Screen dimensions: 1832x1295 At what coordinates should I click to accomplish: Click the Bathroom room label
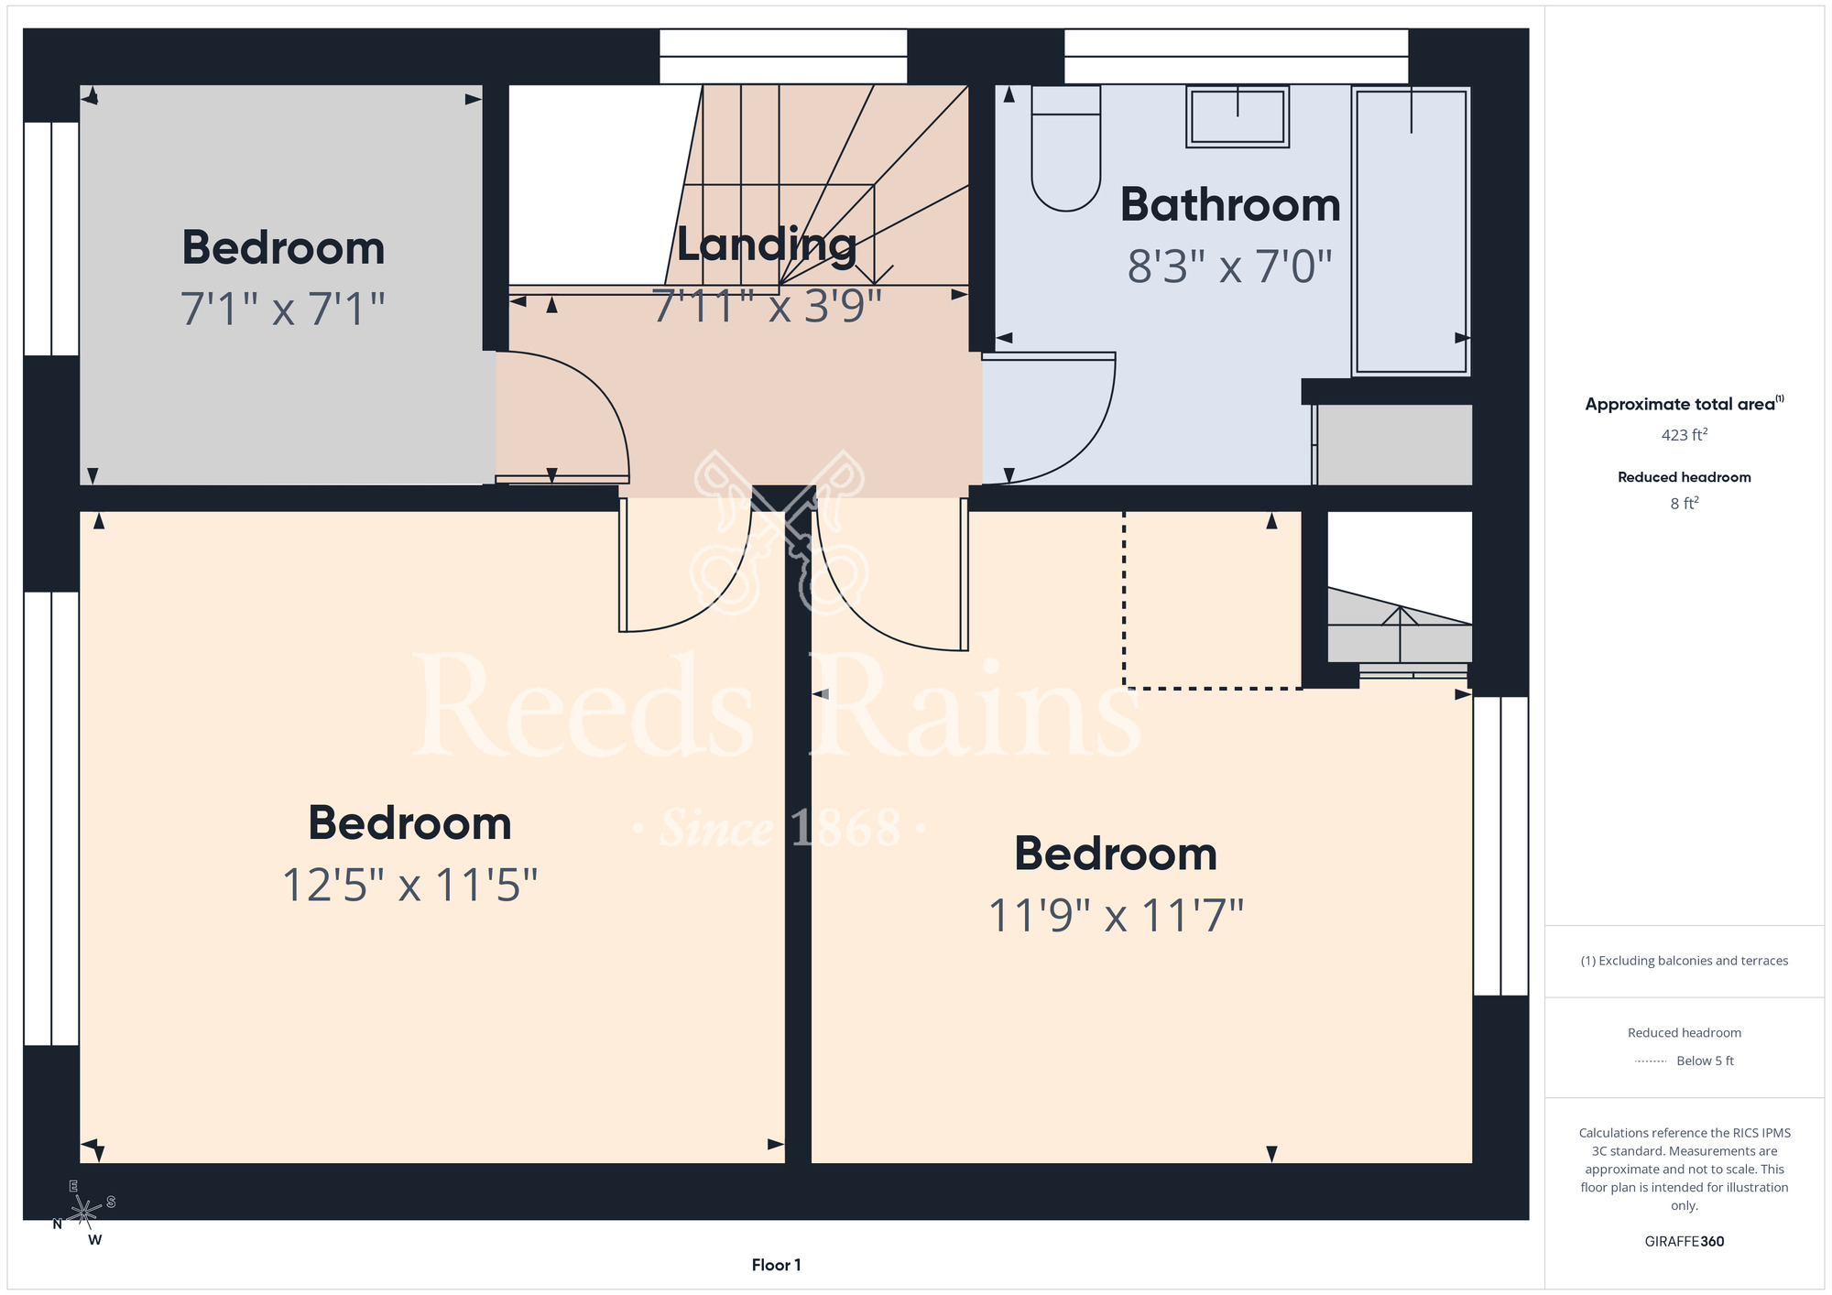[1230, 204]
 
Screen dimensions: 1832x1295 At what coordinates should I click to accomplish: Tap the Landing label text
[767, 245]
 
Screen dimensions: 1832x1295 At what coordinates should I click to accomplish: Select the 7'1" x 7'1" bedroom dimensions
[282, 308]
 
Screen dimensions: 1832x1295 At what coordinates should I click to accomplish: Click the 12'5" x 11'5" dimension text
[409, 885]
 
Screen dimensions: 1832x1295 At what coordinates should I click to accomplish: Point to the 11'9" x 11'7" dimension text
[1116, 915]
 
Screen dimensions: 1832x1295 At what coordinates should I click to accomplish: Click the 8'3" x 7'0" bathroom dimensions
[1229, 267]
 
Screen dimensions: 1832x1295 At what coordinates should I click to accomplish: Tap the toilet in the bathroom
[1066, 148]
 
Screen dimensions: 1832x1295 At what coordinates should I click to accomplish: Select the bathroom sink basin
[1238, 116]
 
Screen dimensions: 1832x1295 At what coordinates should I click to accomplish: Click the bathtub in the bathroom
[1411, 231]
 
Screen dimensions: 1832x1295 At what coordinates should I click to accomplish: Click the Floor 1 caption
[776, 1265]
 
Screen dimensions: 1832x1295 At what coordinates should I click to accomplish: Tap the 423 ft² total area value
[1684, 435]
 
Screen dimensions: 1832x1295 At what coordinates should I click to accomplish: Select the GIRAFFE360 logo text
[1684, 1242]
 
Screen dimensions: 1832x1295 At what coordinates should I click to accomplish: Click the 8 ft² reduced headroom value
[1684, 503]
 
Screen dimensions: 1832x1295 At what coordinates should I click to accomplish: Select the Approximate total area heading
[1684, 404]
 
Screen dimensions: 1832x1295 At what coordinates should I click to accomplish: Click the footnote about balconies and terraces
[1684, 961]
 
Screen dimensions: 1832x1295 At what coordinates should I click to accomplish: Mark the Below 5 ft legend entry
[1684, 1061]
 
